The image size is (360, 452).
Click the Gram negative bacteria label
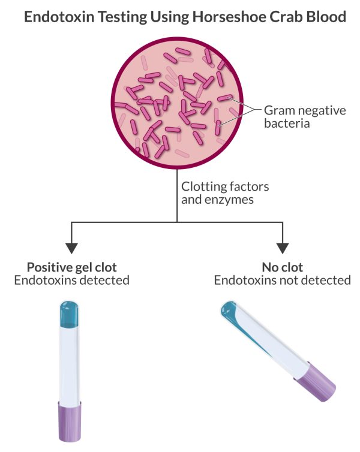pos(296,117)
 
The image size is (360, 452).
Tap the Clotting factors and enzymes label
pos(225,192)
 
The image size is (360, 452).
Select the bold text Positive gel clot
pos(73,267)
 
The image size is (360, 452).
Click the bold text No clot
pos(282,267)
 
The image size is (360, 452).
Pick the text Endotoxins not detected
pos(282,281)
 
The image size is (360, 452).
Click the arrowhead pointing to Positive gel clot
pos(72,247)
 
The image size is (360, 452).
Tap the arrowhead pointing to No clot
pos(283,247)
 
